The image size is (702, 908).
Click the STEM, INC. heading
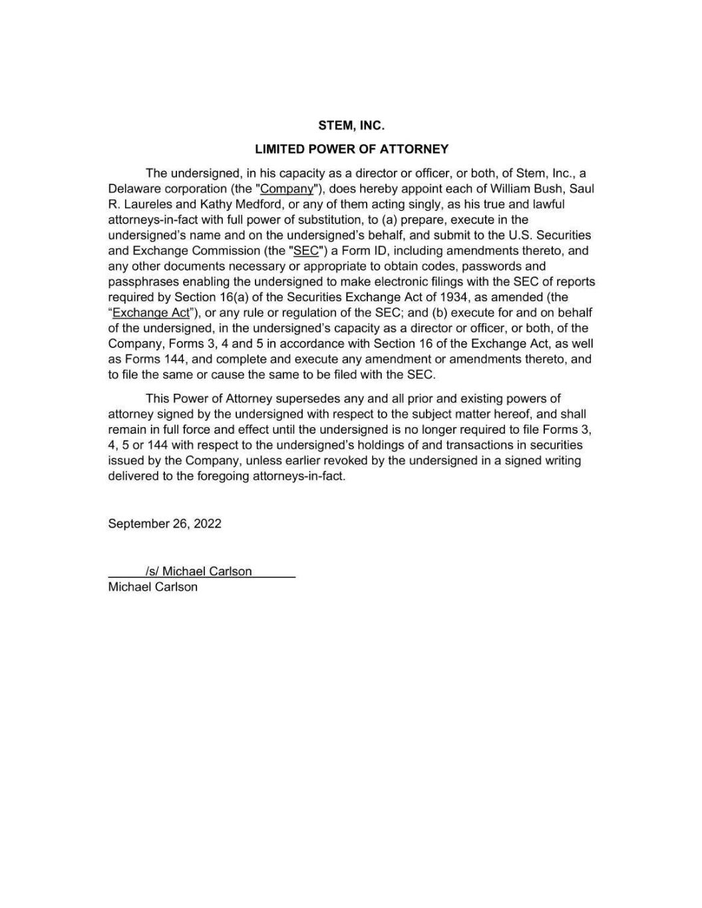[351, 125]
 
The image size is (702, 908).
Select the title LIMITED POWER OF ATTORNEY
[351, 149]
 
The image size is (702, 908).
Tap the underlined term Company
[286, 189]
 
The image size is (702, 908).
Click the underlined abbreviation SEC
[306, 251]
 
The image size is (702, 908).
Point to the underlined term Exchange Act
[151, 313]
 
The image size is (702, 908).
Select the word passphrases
[141, 282]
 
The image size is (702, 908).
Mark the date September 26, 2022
[164, 524]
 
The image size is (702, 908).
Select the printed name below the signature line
[152, 587]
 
